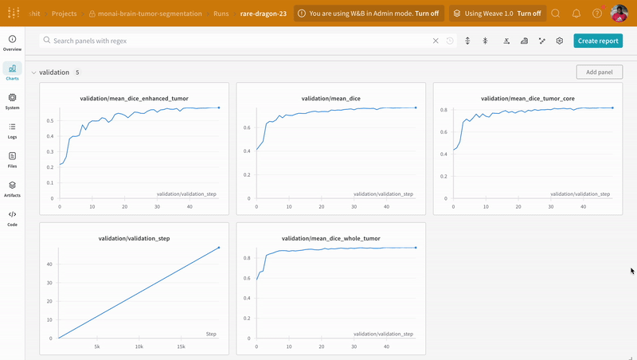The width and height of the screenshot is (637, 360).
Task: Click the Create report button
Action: tap(597, 41)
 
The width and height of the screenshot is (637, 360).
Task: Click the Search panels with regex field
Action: tap(239, 41)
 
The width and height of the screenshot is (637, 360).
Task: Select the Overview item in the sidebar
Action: tap(12, 43)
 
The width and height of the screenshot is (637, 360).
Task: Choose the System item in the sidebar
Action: tap(12, 101)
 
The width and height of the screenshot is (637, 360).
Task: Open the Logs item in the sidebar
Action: tap(12, 131)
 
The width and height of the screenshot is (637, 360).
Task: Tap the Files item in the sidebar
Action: tap(12, 160)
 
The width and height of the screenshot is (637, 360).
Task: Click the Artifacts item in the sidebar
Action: tap(12, 189)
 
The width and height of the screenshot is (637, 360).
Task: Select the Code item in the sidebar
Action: tap(12, 218)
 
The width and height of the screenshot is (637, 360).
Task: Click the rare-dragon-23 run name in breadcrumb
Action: tap(264, 14)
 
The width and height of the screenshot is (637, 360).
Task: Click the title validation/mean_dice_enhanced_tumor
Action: tap(134, 99)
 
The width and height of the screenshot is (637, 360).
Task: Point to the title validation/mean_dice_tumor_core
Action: tap(528, 99)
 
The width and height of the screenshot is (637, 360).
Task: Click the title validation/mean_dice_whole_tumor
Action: tap(331, 238)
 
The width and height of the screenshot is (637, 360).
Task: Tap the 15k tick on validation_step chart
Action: tap(181, 346)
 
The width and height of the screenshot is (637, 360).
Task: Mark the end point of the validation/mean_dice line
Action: tap(416, 108)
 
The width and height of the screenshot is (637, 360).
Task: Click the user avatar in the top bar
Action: tap(619, 14)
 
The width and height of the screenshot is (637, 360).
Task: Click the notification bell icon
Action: tap(576, 14)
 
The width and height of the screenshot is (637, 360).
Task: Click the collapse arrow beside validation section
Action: tap(33, 72)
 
